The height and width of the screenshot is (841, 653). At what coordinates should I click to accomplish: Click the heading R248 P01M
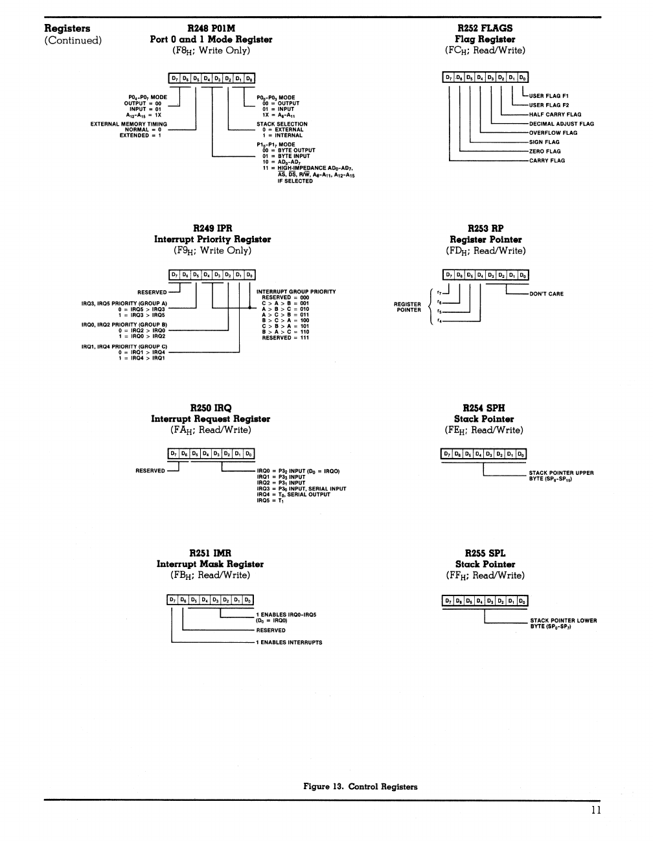(211, 29)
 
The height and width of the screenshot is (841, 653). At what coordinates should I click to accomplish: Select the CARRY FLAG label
(547, 161)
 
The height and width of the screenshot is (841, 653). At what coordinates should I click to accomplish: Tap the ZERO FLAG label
(545, 152)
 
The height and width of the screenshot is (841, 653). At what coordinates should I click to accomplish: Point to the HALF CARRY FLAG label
(555, 115)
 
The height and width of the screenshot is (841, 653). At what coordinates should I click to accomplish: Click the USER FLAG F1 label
(549, 96)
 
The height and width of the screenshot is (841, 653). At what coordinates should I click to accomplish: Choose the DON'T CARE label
(546, 294)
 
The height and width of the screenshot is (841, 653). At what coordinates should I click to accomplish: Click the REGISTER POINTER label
(408, 307)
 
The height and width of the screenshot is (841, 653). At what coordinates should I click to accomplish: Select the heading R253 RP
(485, 228)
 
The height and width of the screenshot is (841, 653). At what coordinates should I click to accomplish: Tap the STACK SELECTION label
(282, 124)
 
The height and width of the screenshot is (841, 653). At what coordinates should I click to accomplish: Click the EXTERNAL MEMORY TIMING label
(128, 124)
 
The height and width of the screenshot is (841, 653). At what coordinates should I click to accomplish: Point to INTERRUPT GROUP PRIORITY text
(296, 292)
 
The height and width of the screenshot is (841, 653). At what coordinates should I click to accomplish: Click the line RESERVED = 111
(285, 338)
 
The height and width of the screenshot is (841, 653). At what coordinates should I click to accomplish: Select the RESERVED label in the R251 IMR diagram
(270, 630)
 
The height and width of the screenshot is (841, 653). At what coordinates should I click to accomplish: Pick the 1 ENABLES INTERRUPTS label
(289, 643)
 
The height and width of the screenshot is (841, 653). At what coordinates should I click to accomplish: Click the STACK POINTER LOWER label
(563, 620)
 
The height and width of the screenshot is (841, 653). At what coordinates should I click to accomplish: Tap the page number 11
(595, 811)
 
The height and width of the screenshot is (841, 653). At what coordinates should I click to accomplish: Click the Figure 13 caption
(360, 787)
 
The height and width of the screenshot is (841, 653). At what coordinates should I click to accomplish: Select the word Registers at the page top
(67, 29)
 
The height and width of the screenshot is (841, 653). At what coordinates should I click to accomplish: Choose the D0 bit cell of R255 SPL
(522, 601)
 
